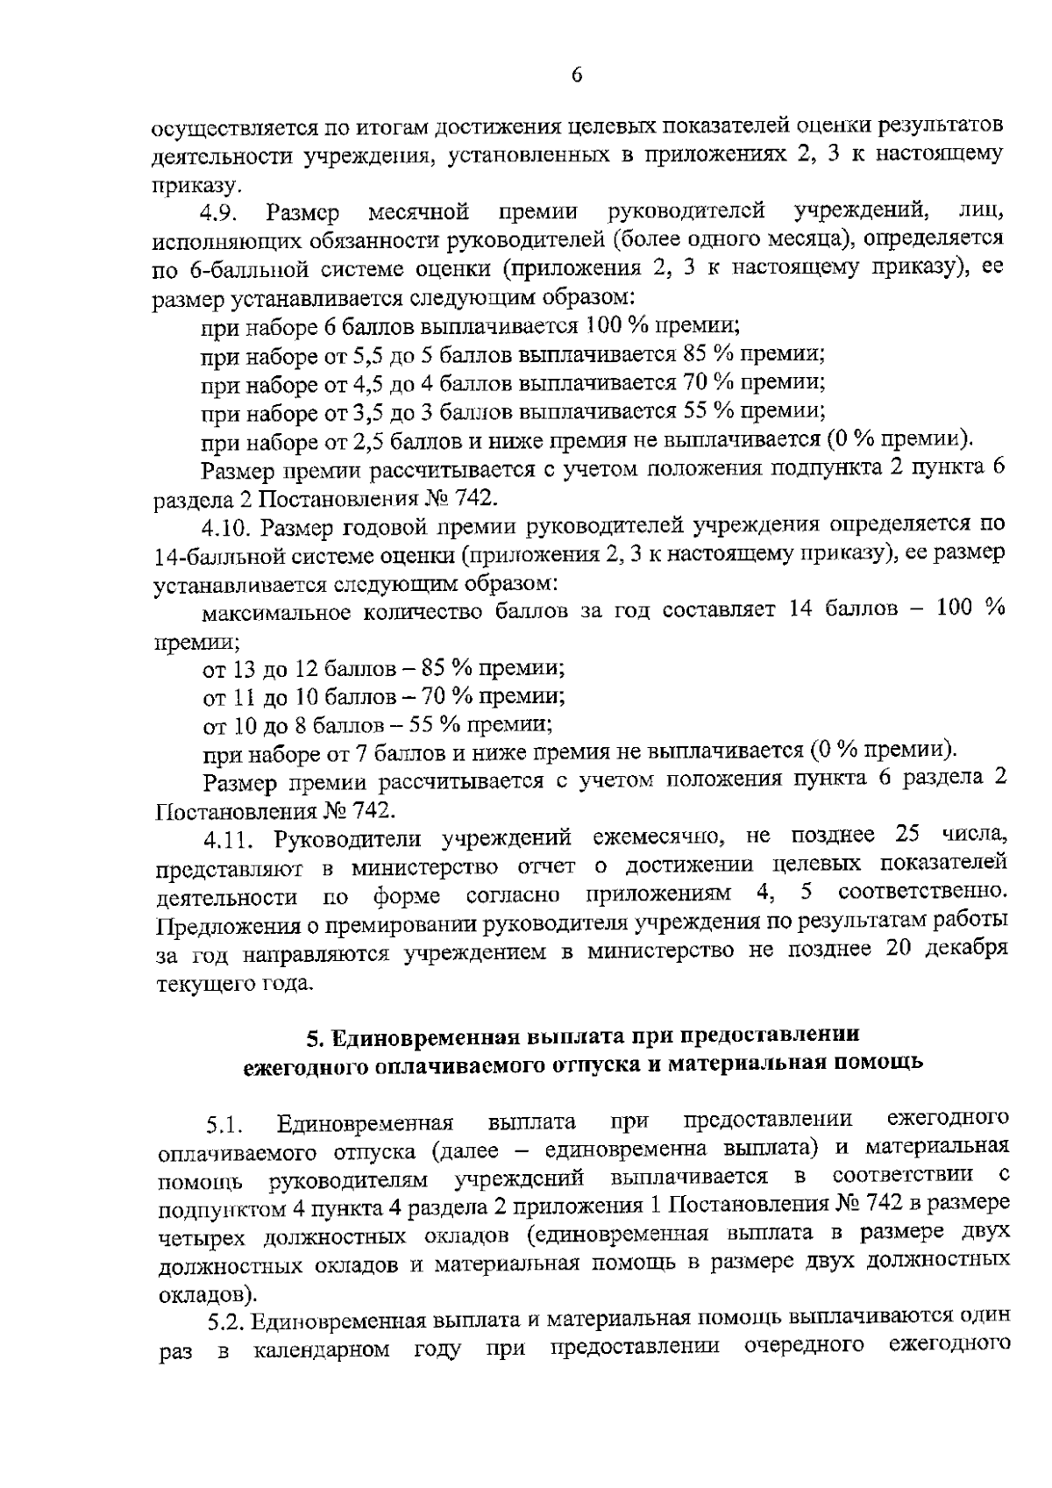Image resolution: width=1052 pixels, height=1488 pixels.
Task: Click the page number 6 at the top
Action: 577,75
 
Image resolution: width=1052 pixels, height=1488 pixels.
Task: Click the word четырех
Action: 202,1237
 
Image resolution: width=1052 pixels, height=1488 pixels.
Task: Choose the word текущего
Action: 201,983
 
